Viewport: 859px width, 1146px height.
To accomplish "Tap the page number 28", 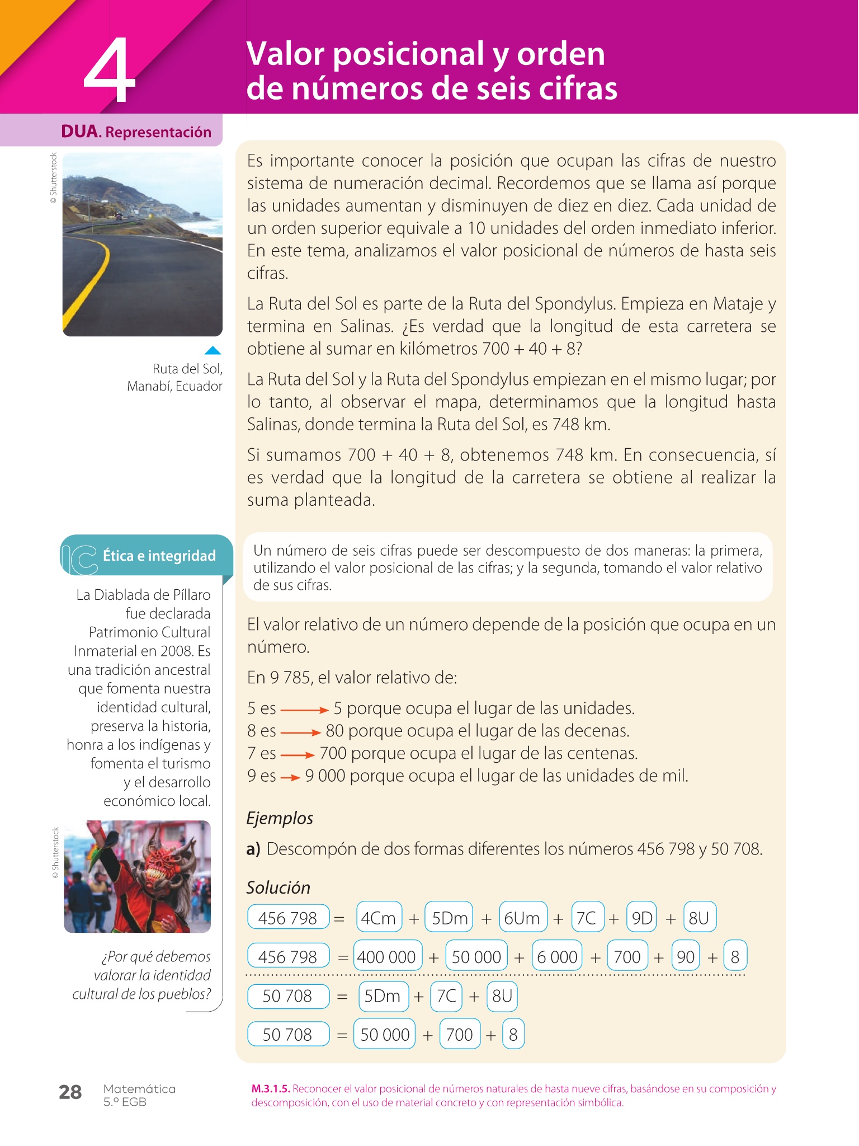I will [70, 1092].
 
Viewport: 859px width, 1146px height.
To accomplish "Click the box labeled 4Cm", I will [379, 918].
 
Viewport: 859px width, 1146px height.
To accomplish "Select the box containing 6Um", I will [522, 918].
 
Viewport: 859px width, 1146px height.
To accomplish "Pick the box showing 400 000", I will [386, 957].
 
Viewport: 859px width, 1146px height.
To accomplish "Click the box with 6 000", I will [557, 957].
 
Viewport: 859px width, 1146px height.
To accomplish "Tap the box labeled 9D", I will [641, 918].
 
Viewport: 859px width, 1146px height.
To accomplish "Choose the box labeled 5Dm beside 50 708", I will [383, 996].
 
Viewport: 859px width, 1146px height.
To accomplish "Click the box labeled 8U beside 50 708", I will [502, 996].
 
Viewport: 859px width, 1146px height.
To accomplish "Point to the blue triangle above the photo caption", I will [213, 351].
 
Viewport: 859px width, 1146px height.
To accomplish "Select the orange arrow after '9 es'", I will [290, 777].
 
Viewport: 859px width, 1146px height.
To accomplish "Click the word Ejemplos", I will [280, 818].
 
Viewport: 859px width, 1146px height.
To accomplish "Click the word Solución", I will [278, 887].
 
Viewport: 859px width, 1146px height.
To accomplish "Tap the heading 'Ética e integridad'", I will [159, 556].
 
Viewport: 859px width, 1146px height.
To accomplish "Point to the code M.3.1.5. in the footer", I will [271, 1089].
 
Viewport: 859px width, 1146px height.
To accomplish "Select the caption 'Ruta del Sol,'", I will [187, 369].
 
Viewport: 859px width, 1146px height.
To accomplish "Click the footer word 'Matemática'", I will [139, 1089].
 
